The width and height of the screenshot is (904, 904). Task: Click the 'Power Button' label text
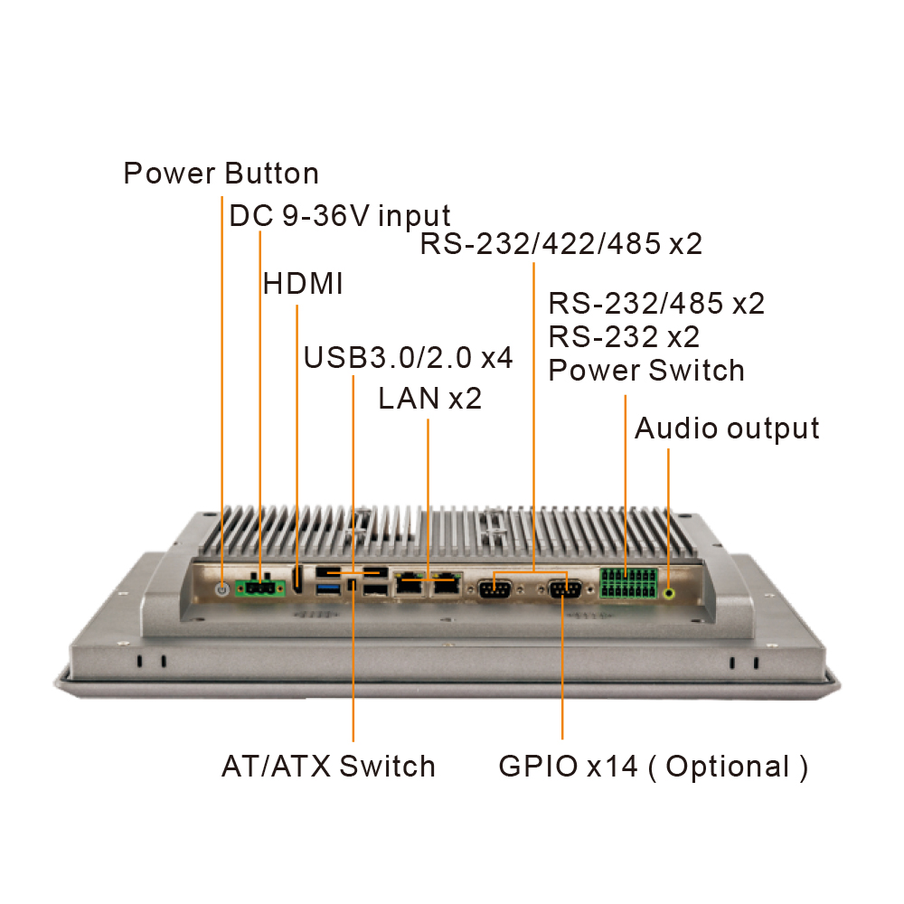click(221, 173)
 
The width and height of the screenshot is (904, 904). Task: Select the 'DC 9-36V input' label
click(339, 216)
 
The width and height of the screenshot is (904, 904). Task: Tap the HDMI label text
click(303, 284)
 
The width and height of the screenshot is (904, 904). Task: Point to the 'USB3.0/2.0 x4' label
click(408, 357)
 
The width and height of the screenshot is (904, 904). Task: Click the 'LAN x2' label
click(429, 398)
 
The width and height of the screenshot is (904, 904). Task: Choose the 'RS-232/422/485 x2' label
click(560, 244)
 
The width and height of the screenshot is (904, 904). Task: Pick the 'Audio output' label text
click(727, 428)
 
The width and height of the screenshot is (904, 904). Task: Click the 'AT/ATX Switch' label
click(328, 767)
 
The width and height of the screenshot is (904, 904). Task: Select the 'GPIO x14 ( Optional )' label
click(653, 767)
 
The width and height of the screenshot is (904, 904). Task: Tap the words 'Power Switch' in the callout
click(646, 371)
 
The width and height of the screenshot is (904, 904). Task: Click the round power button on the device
click(221, 589)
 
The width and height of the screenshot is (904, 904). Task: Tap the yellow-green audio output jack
click(669, 593)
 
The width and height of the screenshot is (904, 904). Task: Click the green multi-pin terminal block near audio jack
click(626, 584)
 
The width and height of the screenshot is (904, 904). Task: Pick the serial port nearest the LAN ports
click(494, 589)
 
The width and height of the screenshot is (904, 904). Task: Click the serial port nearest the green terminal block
click(564, 589)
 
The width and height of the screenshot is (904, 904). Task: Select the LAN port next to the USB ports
click(411, 586)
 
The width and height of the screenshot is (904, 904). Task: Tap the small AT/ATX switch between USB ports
click(353, 589)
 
